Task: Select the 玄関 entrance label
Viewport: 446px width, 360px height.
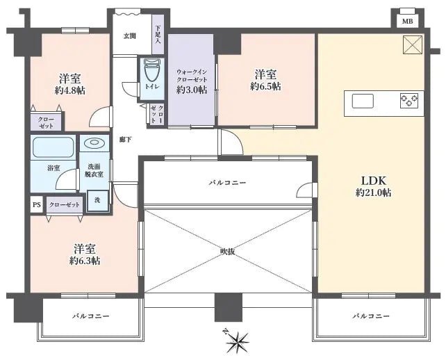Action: [x=130, y=36]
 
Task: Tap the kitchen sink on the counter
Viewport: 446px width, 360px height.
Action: [x=364, y=101]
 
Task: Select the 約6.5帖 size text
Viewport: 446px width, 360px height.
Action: [x=265, y=86]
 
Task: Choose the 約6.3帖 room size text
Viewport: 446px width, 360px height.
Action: [x=85, y=261]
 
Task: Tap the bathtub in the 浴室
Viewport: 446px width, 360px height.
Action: [x=53, y=148]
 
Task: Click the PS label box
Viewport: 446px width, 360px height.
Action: [x=36, y=205]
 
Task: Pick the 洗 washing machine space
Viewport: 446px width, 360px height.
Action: [x=97, y=201]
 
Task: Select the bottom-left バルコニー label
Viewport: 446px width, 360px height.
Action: [x=90, y=316]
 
